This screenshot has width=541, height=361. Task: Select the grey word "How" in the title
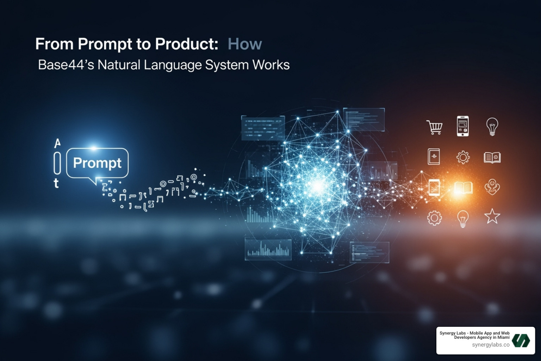[245, 44]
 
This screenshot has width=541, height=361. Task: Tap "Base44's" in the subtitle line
[66, 65]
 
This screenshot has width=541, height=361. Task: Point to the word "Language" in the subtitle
[172, 65]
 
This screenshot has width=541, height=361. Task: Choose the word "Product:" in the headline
[186, 44]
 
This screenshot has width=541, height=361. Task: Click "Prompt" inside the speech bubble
[97, 163]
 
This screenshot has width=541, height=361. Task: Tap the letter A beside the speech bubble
[57, 143]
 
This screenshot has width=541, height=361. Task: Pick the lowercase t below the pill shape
[56, 183]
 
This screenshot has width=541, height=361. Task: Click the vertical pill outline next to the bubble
[57, 163]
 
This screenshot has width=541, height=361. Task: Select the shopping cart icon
[435, 127]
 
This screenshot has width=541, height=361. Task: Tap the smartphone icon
[463, 126]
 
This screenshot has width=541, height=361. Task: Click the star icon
[492, 216]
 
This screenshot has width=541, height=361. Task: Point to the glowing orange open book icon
[463, 188]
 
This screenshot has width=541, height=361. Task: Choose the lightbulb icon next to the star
[463, 218]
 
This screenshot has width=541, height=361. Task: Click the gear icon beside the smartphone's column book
[463, 157]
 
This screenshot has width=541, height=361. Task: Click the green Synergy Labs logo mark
[521, 341]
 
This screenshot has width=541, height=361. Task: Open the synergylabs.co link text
[491, 345]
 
